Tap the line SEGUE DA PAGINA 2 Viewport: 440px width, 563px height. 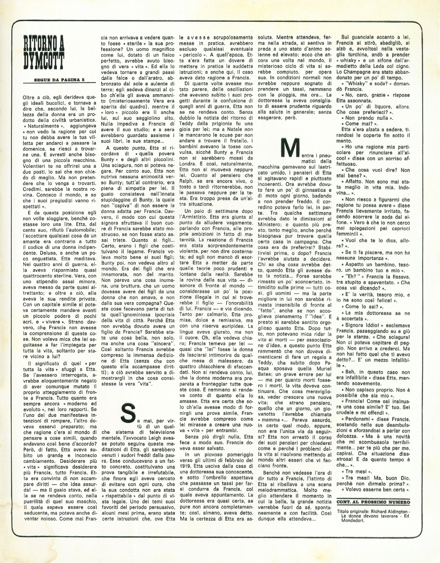click(x=59, y=80)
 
